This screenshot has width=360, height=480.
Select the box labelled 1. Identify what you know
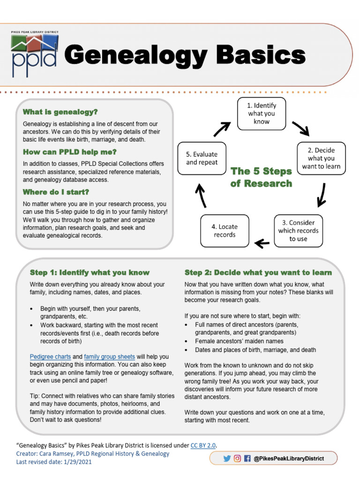pyautogui.click(x=262, y=113)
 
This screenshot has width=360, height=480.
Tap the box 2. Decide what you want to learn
pyautogui.click(x=321, y=158)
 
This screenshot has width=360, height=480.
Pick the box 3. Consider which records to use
pyautogui.click(x=298, y=231)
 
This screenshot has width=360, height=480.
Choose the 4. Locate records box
pyautogui.click(x=225, y=231)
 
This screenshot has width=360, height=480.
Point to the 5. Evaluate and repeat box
pyautogui.click(x=202, y=158)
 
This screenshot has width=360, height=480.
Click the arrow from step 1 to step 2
pyautogui.click(x=300, y=127)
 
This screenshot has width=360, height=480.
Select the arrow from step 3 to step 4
pyautogui.click(x=262, y=243)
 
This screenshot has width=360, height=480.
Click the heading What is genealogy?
pyautogui.click(x=60, y=112)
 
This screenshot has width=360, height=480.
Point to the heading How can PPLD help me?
pyautogui.click(x=70, y=152)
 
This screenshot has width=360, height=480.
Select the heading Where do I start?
pyautogui.click(x=56, y=192)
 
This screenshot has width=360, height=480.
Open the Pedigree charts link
pyautogui.click(x=50, y=357)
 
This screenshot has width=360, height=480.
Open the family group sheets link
pyautogui.click(x=109, y=357)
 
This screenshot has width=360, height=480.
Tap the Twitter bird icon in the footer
pyautogui.click(x=227, y=458)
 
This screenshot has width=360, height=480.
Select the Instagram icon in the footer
pyautogui.click(x=237, y=458)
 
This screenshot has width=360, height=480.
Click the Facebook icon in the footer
pyautogui.click(x=247, y=458)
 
